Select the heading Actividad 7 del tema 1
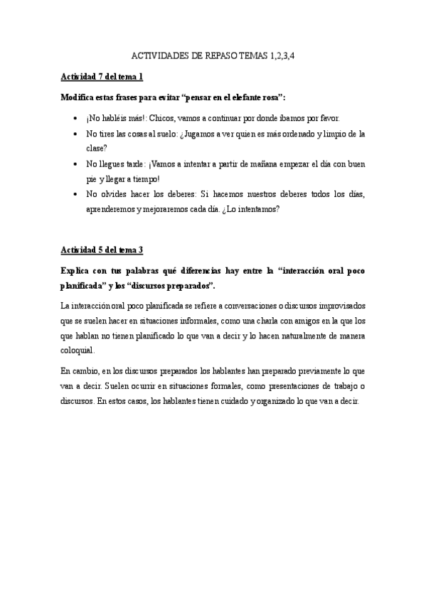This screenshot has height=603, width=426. [102, 76]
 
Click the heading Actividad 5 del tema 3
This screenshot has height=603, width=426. [102, 250]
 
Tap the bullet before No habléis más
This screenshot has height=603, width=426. [77, 118]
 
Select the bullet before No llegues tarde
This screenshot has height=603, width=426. [77, 164]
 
